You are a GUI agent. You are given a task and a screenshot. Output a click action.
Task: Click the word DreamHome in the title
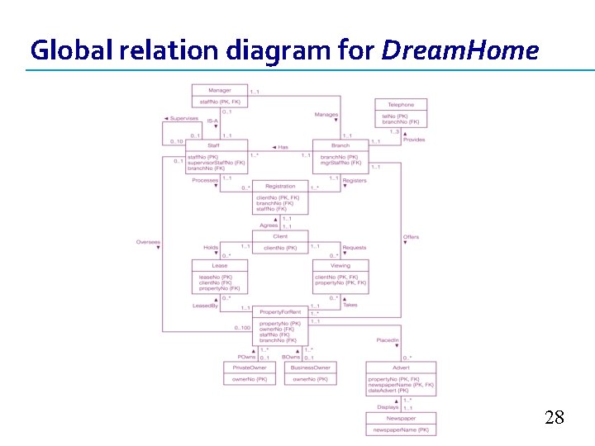459,51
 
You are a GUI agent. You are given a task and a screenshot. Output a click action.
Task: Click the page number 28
555,418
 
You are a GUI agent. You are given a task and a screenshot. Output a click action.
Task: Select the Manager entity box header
220,90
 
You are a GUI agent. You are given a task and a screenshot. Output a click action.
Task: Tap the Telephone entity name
401,105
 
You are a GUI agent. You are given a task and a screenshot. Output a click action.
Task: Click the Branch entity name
340,145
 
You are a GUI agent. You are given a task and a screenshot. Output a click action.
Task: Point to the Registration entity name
280,187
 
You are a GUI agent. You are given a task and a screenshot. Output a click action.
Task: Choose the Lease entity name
220,266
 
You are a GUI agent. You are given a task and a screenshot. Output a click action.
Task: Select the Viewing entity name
340,266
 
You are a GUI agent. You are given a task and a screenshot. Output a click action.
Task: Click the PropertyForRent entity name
280,312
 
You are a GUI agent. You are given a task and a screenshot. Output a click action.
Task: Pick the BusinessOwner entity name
310,368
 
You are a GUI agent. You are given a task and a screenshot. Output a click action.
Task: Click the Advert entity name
401,368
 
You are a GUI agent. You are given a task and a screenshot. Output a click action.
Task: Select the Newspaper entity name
401,419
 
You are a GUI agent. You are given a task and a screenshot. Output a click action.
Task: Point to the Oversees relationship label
148,242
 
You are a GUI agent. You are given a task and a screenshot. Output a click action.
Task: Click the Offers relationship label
411,238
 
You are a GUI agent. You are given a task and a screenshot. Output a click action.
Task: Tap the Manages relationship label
326,115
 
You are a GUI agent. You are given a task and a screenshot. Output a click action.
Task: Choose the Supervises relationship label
183,119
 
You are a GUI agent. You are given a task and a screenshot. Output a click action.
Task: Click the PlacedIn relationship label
388,340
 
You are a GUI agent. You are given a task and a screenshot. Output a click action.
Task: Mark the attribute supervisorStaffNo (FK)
217,163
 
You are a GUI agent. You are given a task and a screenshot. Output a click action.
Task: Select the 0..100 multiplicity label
242,328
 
